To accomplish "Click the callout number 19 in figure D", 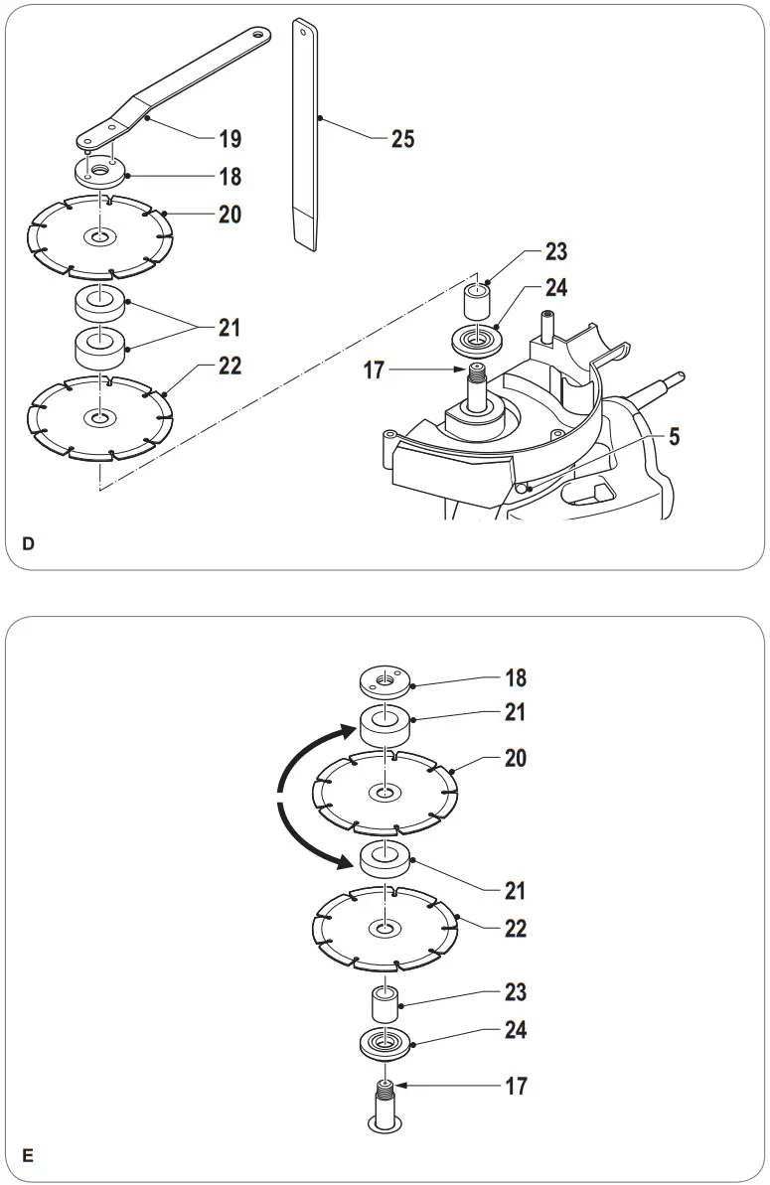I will [230, 138].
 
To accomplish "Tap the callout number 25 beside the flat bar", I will [402, 138].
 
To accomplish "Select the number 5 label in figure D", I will [675, 437].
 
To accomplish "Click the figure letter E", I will [29, 1155].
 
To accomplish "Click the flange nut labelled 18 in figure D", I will [100, 173].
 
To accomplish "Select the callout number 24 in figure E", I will [515, 1030].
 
